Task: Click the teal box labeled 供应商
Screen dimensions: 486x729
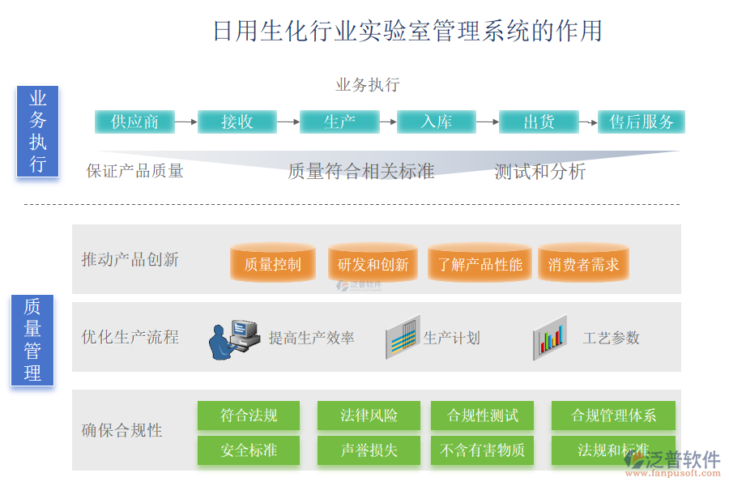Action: (135, 122)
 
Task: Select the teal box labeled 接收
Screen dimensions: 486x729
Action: (237, 122)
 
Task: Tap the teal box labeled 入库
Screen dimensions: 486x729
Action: (437, 122)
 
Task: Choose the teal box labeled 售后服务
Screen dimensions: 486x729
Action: (642, 122)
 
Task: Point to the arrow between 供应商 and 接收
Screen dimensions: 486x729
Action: (186, 122)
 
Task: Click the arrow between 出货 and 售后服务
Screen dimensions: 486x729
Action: (588, 122)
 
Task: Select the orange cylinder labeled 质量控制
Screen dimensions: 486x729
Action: (272, 264)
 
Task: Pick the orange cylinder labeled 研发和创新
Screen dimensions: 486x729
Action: (373, 264)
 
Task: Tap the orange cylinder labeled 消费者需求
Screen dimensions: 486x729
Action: (583, 264)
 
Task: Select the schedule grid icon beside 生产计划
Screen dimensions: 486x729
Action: (403, 337)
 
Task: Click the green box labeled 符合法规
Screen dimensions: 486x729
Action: (249, 416)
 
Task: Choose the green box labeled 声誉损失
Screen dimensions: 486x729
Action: (369, 450)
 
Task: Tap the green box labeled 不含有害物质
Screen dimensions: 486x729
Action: (482, 450)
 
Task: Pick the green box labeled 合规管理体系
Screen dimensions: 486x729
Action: (614, 416)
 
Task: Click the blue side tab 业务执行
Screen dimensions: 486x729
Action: (37, 131)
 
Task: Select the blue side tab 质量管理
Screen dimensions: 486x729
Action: (32, 340)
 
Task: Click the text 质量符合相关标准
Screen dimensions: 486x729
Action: (361, 172)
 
